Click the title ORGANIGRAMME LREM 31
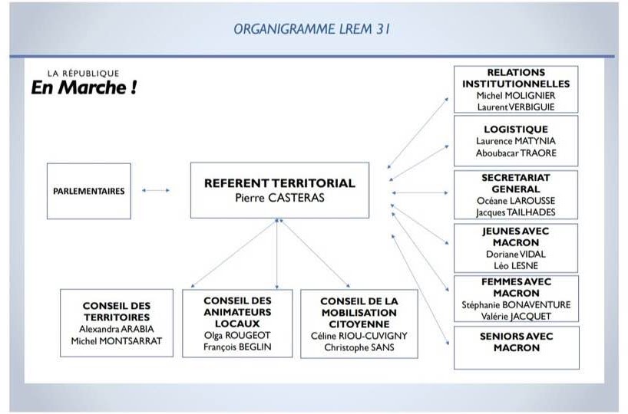(x=312, y=29)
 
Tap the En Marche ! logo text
(x=84, y=87)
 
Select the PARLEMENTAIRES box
(x=89, y=191)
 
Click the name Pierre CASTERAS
(x=279, y=198)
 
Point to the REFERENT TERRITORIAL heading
(x=279, y=183)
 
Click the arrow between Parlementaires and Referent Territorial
(x=156, y=190)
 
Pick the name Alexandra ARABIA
(x=117, y=329)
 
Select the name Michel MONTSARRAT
(x=117, y=341)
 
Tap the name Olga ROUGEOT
(x=237, y=335)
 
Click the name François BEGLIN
(x=237, y=347)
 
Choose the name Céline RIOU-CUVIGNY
(x=359, y=336)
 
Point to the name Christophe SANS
(x=359, y=347)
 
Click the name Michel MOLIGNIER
(x=516, y=96)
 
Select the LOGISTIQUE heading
(x=516, y=130)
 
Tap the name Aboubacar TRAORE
(x=516, y=153)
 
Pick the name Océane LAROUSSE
(x=516, y=201)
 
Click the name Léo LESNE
(x=516, y=265)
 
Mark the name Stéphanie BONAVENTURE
(x=516, y=305)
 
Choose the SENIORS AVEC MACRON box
(x=516, y=347)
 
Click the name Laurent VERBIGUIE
(x=516, y=107)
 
